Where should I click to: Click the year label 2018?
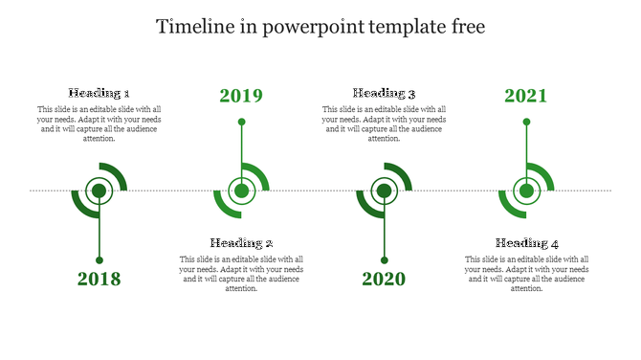[99, 280]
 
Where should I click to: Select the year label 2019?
[241, 96]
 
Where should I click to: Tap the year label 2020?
[384, 280]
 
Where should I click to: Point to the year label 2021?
[526, 96]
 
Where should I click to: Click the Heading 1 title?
[99, 93]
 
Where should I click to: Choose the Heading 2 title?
[242, 243]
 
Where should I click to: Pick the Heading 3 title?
[384, 93]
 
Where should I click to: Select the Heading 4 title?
[527, 243]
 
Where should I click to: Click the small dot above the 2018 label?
[99, 259]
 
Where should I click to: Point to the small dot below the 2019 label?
[242, 122]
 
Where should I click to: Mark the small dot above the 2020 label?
[384, 259]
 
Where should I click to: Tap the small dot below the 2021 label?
[526, 122]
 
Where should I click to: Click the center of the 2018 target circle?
[99, 191]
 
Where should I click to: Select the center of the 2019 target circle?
[242, 191]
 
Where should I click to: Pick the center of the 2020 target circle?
[384, 191]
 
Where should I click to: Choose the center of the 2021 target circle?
[526, 191]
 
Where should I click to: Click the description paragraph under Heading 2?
[242, 274]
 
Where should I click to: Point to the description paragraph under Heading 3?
[384, 124]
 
